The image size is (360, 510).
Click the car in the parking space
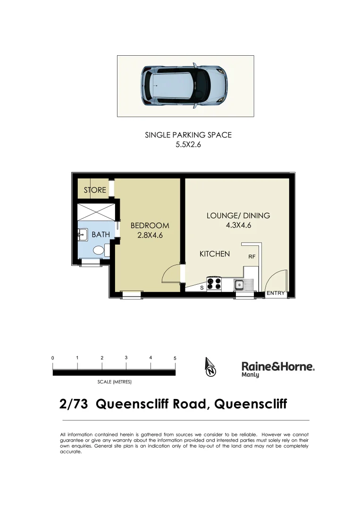tap(184, 86)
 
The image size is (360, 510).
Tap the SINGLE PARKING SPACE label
tap(188, 135)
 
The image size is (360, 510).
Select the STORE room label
tap(95, 190)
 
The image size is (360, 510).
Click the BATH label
tap(100, 234)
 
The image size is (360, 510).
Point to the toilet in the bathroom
tap(99, 250)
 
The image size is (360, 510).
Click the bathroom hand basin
tap(81, 233)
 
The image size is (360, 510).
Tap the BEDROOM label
tap(150, 226)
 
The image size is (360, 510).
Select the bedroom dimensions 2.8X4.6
tap(150, 236)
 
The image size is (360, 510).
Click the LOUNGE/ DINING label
tap(238, 216)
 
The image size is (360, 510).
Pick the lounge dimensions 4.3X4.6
tap(238, 225)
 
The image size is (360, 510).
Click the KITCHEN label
tap(215, 254)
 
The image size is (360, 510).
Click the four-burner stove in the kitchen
tap(214, 283)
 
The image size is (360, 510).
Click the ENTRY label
tap(276, 293)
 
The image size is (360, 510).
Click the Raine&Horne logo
tap(278, 368)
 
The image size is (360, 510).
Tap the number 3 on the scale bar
tap(126, 357)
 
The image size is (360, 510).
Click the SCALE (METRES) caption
tap(114, 382)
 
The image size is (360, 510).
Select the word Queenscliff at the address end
tap(251, 405)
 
